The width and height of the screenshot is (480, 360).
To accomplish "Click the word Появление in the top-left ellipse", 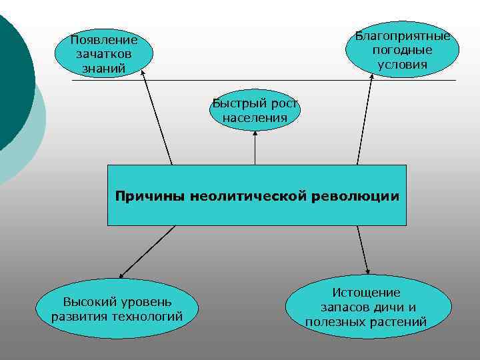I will (x=103, y=40).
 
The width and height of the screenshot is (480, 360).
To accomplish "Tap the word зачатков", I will (x=103, y=54).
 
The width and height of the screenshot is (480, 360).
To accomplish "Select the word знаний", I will (x=103, y=67).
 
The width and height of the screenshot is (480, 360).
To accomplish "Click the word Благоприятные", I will (x=403, y=36).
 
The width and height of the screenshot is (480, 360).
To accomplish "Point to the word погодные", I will (x=403, y=50).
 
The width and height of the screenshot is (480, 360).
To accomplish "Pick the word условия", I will (x=403, y=65).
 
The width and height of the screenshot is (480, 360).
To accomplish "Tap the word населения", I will (x=255, y=118).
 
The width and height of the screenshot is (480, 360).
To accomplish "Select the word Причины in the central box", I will (x=151, y=197).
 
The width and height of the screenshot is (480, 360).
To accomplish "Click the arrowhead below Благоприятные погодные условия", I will (x=371, y=77).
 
